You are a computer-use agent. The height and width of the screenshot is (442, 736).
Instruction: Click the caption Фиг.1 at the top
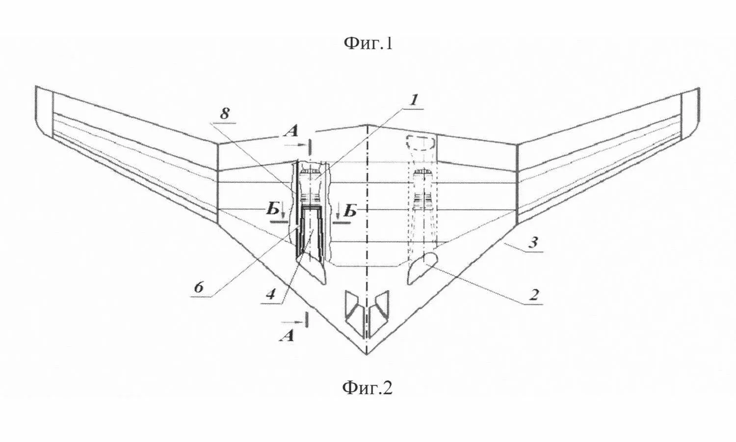coord(368,43)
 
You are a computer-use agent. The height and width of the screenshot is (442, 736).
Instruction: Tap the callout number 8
coord(224,114)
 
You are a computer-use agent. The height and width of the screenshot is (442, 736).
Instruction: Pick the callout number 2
coord(533,295)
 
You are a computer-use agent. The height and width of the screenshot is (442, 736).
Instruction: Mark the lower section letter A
coord(286,336)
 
